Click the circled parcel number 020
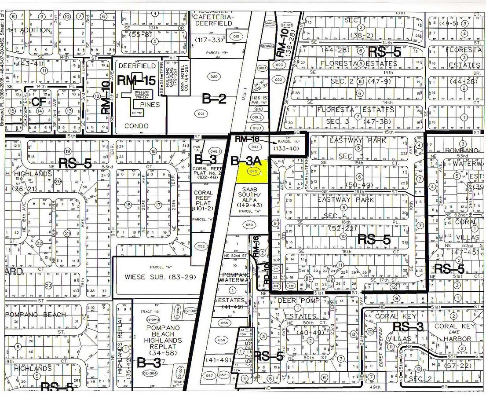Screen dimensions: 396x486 (214, 77)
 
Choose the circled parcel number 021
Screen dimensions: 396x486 (202, 114)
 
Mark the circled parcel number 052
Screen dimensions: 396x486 (201, 246)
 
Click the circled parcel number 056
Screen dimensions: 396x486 (221, 340)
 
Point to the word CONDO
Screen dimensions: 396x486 (137, 125)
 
